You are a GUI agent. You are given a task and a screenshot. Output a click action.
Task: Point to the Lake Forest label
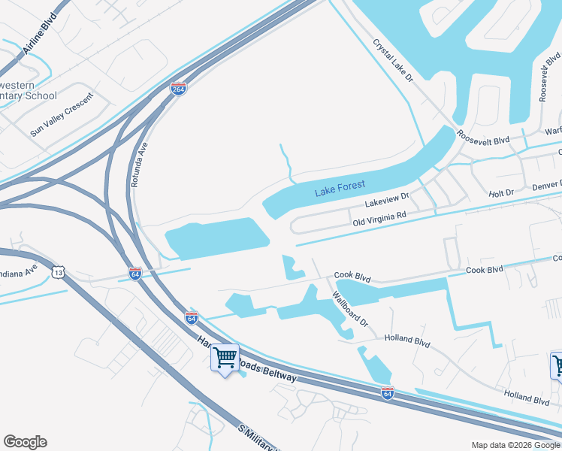[x=340, y=189]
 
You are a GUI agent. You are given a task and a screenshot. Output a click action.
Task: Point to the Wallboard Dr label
[x=351, y=309]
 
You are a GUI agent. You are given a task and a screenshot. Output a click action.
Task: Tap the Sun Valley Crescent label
[x=62, y=114]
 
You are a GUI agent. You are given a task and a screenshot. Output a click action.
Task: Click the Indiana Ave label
[x=19, y=271]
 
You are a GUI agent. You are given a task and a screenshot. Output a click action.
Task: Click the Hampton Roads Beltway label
[x=248, y=364]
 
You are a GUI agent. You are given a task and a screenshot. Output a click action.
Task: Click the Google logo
[x=25, y=442]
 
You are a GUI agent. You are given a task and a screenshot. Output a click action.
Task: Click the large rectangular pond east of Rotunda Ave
[x=216, y=237]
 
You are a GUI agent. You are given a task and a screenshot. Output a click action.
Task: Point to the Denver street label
[x=546, y=185]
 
